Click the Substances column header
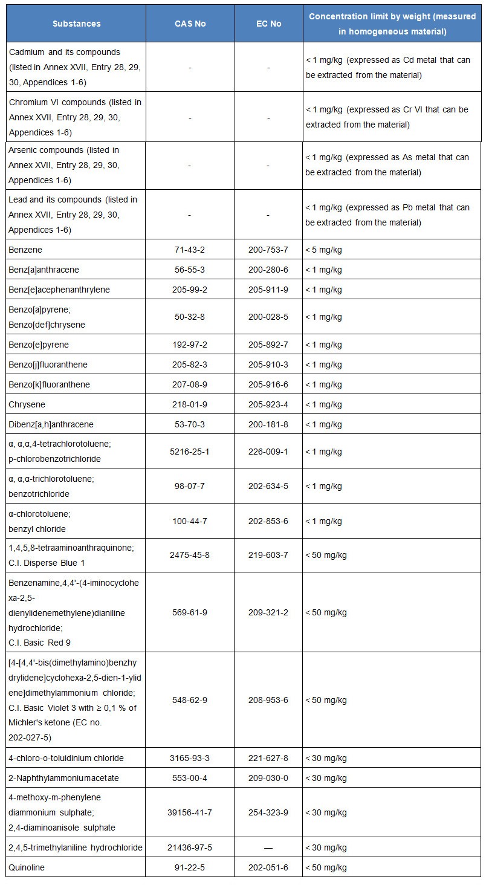click(x=76, y=24)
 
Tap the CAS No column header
click(x=190, y=24)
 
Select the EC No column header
click(x=268, y=24)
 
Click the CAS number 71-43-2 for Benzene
click(x=190, y=249)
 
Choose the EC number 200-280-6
click(x=268, y=269)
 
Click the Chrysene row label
click(x=27, y=404)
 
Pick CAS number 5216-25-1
click(x=190, y=452)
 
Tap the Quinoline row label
click(x=28, y=867)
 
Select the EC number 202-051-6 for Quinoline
click(x=268, y=867)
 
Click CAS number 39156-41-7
click(x=190, y=812)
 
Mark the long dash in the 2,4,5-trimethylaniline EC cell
click(x=268, y=847)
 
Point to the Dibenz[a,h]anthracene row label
click(x=51, y=424)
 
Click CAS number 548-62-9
click(x=190, y=700)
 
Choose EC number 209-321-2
click(x=268, y=612)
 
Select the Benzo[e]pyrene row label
click(x=39, y=345)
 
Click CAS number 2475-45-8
click(x=190, y=555)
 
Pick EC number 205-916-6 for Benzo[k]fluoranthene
click(x=268, y=384)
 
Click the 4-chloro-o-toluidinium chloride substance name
click(x=66, y=758)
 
